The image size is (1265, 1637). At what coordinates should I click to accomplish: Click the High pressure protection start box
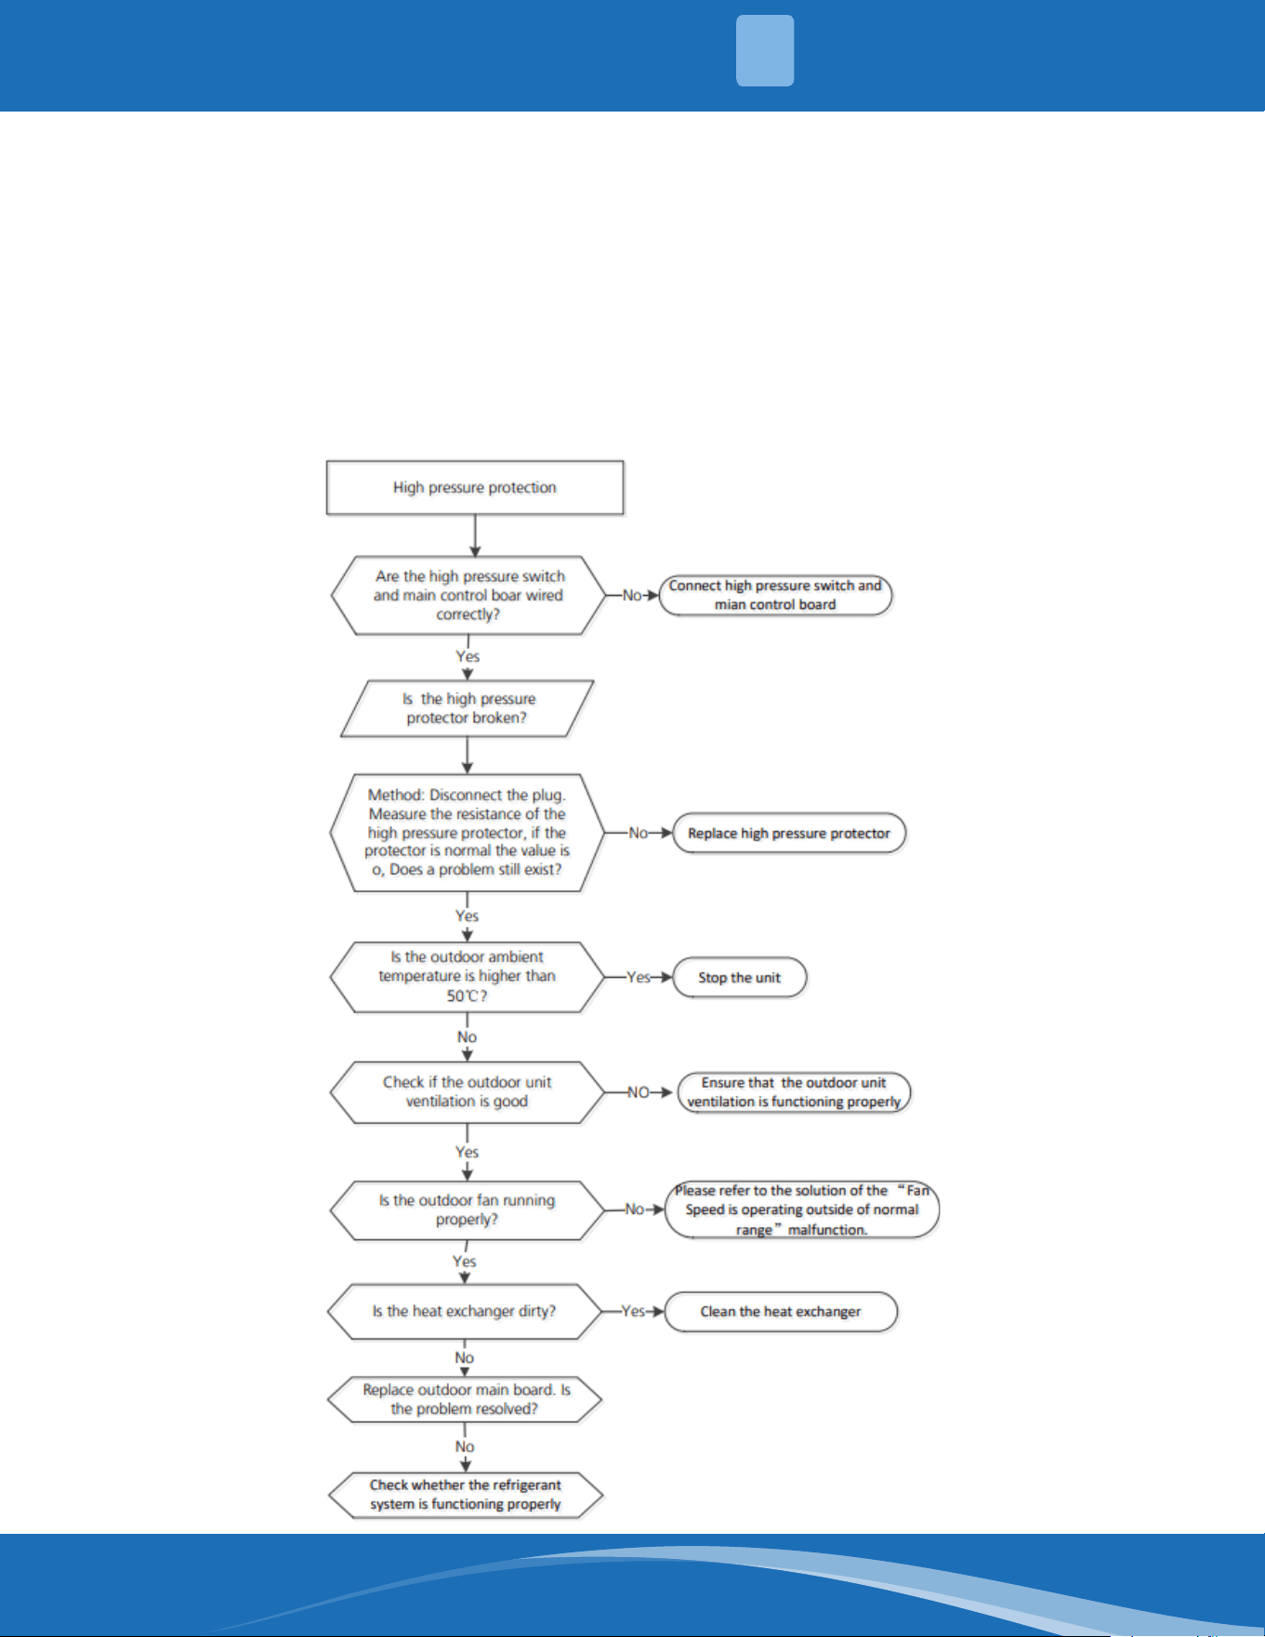coord(474,487)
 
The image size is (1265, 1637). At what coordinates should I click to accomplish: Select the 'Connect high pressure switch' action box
coord(775,595)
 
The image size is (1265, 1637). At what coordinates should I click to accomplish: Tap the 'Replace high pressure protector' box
coord(789,833)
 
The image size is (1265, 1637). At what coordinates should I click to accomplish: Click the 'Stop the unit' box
coord(739,977)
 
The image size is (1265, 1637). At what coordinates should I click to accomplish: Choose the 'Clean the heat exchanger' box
coord(781,1312)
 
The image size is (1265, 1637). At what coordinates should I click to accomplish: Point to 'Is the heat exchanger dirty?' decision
coord(465,1312)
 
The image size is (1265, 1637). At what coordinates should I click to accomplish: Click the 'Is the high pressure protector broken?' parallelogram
coord(468,708)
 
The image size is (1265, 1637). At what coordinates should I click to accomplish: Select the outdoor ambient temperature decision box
coord(467,977)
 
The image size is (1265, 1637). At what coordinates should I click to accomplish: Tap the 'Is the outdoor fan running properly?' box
coord(467,1210)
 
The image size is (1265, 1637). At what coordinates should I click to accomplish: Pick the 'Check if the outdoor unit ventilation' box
coord(467,1092)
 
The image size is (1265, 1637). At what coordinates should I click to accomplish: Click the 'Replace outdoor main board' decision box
coord(465,1400)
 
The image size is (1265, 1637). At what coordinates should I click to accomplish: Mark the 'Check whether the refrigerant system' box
coord(466,1495)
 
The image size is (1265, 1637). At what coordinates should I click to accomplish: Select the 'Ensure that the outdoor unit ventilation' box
coord(794,1092)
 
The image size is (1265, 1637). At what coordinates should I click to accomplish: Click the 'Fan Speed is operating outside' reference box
coord(802,1209)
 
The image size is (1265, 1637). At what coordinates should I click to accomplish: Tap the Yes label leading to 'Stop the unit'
coord(639,977)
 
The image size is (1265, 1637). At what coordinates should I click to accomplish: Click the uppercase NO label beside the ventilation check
coord(638,1092)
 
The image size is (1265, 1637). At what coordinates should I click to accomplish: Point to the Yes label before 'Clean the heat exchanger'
coord(633,1311)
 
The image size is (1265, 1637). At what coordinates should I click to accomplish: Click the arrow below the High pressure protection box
coord(475,535)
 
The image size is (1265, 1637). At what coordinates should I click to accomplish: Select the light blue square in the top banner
coord(765,50)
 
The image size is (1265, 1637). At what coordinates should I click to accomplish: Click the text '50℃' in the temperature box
coord(463,997)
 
